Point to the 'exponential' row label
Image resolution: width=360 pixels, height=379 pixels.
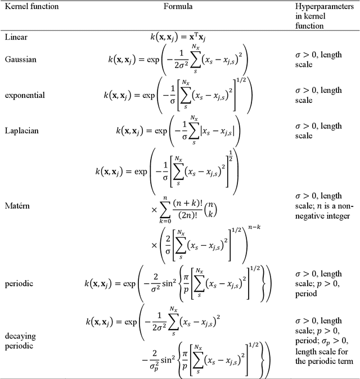[x=25, y=94]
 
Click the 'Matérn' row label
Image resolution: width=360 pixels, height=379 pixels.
[x=19, y=206]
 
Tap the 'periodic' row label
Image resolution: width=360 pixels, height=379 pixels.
[x=19, y=283]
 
